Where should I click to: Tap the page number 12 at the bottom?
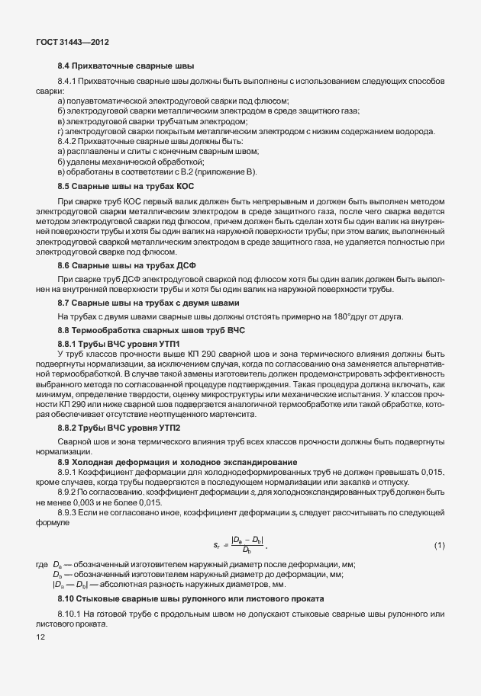[40, 636]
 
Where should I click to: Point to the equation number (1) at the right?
[439, 545]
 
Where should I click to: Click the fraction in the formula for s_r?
[247, 546]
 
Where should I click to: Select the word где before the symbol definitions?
[41, 565]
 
